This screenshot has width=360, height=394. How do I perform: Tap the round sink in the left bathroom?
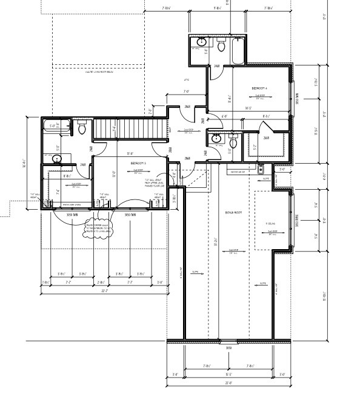coord(57,159)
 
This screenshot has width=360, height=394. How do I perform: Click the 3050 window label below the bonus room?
coord(228,348)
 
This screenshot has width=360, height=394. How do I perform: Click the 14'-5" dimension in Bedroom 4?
coord(248,109)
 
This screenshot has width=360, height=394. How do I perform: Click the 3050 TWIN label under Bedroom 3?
coord(129,215)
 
